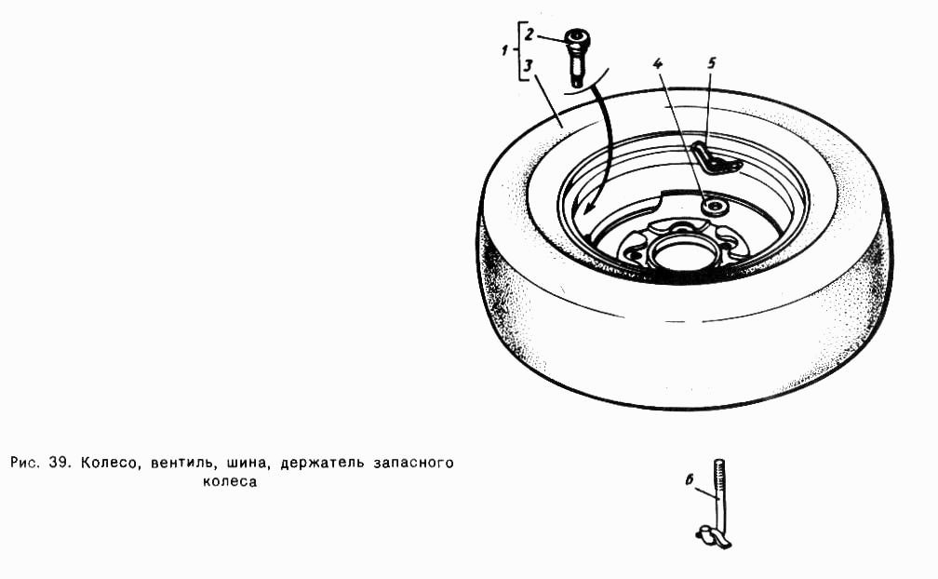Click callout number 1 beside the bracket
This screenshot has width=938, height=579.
coord(505,51)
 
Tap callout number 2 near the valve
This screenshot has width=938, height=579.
coord(529,34)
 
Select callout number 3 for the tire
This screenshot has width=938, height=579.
coord(528,66)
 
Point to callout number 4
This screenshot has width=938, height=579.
coord(659,64)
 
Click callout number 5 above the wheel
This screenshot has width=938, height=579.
coord(711,62)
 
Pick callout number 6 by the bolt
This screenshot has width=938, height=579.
coord(689,479)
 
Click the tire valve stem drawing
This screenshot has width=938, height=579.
coord(577,58)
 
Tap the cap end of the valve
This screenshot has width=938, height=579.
coord(578,39)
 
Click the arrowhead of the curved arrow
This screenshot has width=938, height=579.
coord(590,207)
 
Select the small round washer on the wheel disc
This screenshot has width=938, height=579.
coord(714,207)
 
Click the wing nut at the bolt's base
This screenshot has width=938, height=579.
coord(715,536)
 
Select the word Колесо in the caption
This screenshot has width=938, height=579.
coord(108,464)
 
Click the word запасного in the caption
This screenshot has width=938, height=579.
coord(413,463)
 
